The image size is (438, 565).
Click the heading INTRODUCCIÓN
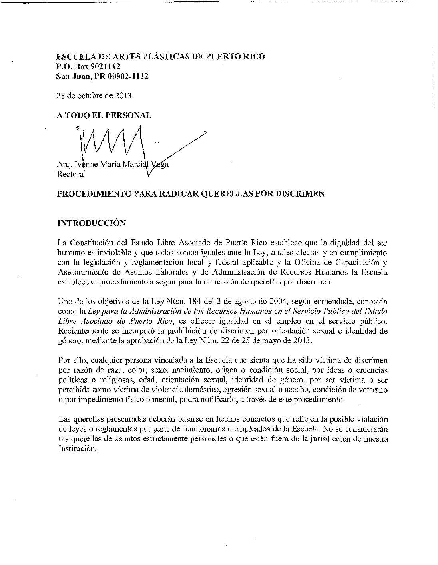tap(92, 223)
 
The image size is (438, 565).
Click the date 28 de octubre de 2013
tap(94, 95)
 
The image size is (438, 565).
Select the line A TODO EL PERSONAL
tap(104, 115)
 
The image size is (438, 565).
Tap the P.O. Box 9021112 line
tap(88, 66)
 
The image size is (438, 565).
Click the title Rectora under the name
tap(70, 174)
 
